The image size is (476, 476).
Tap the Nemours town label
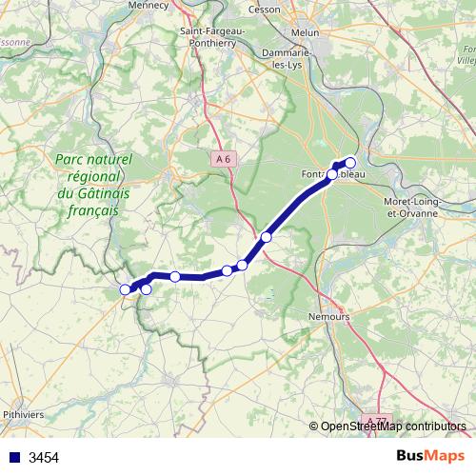(x=329, y=314)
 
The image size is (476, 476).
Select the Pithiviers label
(x=25, y=415)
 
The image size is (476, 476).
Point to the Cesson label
(x=264, y=9)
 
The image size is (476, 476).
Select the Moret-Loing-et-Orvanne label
(x=409, y=208)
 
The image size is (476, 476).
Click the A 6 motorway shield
(x=223, y=160)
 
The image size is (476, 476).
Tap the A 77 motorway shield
(x=378, y=420)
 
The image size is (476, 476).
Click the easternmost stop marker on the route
(x=350, y=162)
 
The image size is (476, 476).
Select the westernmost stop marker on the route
(x=125, y=289)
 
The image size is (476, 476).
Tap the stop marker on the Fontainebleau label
(x=332, y=174)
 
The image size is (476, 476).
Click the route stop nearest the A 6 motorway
(x=267, y=237)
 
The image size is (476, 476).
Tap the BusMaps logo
(x=430, y=456)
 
